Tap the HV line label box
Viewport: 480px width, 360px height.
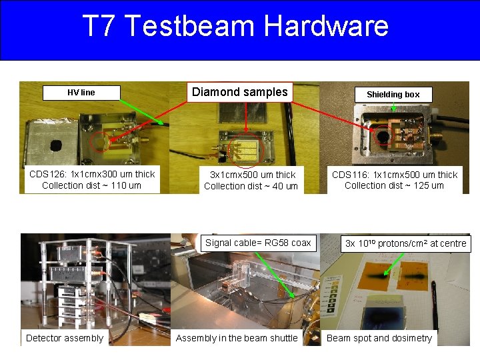[81, 93]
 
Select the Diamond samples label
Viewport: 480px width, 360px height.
[240, 92]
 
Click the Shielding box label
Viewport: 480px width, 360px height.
[393, 94]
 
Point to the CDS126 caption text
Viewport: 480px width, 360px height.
[92, 175]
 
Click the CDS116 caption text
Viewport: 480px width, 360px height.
[395, 175]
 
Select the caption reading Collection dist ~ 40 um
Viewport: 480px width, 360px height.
[251, 186]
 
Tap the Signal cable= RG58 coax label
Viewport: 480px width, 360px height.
[258, 243]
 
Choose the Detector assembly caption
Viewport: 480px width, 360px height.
[65, 338]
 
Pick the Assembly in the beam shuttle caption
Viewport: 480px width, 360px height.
[237, 338]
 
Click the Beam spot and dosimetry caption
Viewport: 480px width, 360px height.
[379, 338]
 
